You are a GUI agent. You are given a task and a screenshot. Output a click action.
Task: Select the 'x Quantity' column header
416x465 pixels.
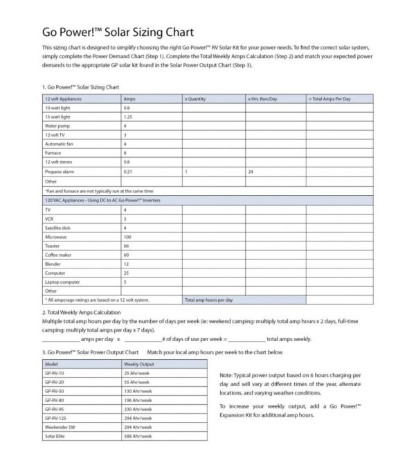[195, 99]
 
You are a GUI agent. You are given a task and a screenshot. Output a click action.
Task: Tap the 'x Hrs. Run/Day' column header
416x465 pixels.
[262, 99]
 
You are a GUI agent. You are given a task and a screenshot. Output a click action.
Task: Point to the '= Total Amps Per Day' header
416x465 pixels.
[329, 99]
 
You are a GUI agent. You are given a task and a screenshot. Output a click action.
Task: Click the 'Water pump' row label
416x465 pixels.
[56, 126]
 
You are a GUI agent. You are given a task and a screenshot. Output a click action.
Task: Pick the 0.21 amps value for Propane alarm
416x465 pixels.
[127, 171]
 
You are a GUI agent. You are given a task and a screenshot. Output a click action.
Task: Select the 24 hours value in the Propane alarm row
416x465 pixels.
[250, 171]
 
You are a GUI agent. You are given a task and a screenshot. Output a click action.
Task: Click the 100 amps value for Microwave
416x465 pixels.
[127, 237]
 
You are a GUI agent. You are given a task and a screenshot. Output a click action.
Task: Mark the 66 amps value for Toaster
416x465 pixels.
[126, 246]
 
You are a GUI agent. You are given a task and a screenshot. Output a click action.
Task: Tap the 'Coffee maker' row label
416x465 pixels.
[57, 255]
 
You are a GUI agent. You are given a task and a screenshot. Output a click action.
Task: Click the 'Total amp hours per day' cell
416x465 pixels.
[208, 300]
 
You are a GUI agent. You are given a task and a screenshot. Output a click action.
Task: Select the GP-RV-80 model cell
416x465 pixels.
[54, 400]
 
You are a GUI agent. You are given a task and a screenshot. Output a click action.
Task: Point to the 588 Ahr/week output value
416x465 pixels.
[138, 436]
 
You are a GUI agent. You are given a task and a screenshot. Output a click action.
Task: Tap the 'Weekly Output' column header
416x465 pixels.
[139, 363]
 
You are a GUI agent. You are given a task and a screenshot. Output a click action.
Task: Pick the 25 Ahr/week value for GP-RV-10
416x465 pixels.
[137, 373]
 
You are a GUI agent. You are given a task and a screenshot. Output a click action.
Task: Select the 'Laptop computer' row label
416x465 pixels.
[61, 282]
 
